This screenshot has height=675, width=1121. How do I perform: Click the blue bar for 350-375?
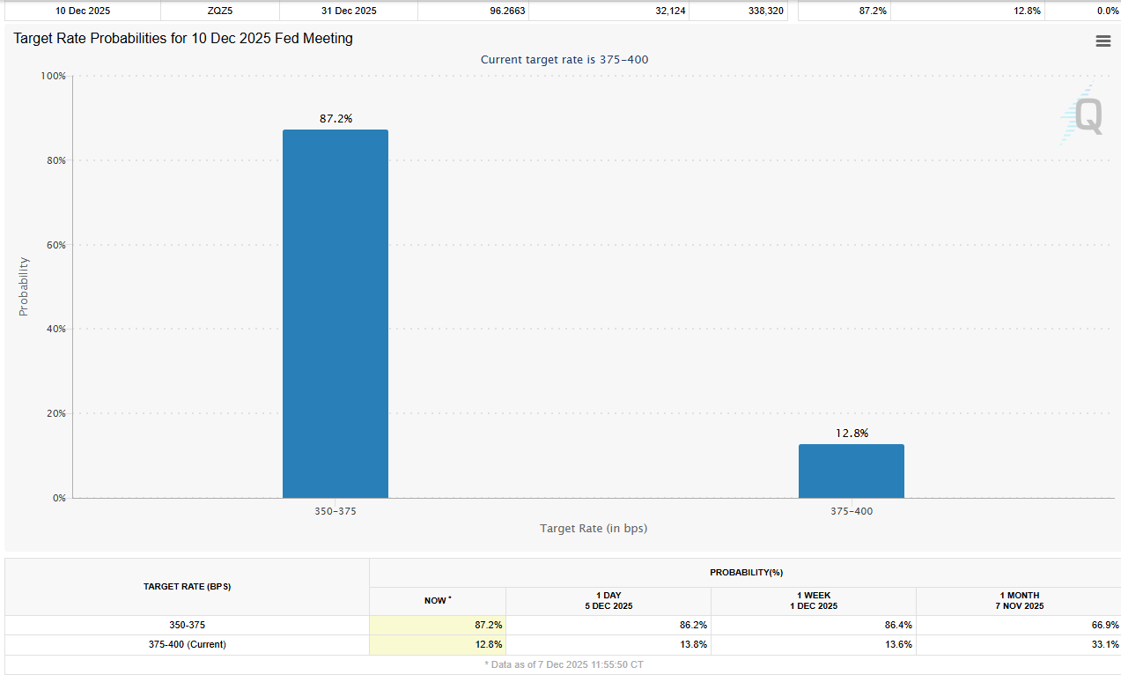(335, 314)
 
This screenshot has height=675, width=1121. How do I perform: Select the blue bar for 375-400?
(851, 471)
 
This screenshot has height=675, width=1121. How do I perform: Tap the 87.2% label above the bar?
(336, 118)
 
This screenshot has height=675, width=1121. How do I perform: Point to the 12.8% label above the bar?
(852, 433)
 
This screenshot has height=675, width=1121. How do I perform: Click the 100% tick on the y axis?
(53, 76)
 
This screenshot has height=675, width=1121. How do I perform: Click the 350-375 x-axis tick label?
(335, 511)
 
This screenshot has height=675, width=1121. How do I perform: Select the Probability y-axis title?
(24, 286)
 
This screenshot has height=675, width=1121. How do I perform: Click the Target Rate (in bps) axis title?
(594, 528)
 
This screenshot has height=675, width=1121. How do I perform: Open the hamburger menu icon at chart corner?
(1103, 41)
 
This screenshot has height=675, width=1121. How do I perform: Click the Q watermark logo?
(1084, 115)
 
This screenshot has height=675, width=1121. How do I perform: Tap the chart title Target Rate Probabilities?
(183, 39)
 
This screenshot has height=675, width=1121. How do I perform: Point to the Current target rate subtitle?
(564, 59)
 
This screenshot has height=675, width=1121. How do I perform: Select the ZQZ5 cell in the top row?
(219, 11)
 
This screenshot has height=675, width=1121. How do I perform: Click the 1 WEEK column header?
(813, 600)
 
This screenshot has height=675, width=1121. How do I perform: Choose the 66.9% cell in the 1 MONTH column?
(1104, 625)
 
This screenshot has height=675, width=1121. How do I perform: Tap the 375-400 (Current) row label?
(187, 644)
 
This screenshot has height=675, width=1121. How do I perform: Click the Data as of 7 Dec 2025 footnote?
(564, 664)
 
